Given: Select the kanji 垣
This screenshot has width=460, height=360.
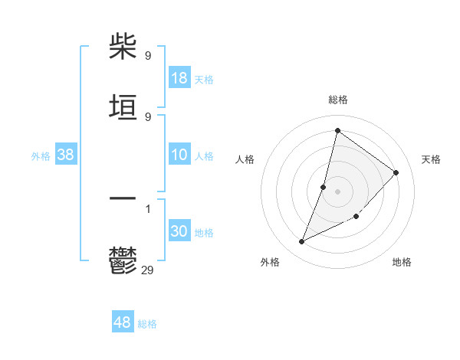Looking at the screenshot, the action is coord(123,107).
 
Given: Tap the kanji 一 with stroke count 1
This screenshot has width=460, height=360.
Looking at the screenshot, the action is coord(123,198).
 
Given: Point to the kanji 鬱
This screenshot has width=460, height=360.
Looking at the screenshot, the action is coord(123,260).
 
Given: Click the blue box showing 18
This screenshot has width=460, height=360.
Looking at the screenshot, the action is coord(179,78).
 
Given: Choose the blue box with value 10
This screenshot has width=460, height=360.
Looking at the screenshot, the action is coord(179,155).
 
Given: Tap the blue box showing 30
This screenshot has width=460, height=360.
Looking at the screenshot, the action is coord(179,231).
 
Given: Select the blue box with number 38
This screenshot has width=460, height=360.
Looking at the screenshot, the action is coord(66,155).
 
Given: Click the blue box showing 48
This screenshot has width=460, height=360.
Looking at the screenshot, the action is coord(123,322).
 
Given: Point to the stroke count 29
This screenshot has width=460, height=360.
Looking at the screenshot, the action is coord(148,270).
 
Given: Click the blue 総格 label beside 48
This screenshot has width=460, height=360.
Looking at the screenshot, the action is coord(147,324).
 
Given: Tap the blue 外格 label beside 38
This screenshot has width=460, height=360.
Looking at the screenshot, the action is coord(41,156).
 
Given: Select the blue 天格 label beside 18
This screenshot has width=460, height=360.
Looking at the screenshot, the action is coord(204,80).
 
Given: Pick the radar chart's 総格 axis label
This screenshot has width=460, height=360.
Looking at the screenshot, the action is coord(337,100).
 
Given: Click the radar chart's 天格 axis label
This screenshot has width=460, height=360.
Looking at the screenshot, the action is coord(431,159).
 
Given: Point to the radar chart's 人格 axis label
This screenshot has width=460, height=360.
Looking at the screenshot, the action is coord(245,159).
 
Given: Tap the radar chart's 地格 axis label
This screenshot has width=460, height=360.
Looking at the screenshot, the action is coord(402,262).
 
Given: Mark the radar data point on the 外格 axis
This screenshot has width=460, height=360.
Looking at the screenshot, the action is coord(302,242).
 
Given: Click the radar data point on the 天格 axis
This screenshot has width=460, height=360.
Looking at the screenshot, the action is coord(396,172).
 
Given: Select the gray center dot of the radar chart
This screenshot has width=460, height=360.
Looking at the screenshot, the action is coord(337,191).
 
